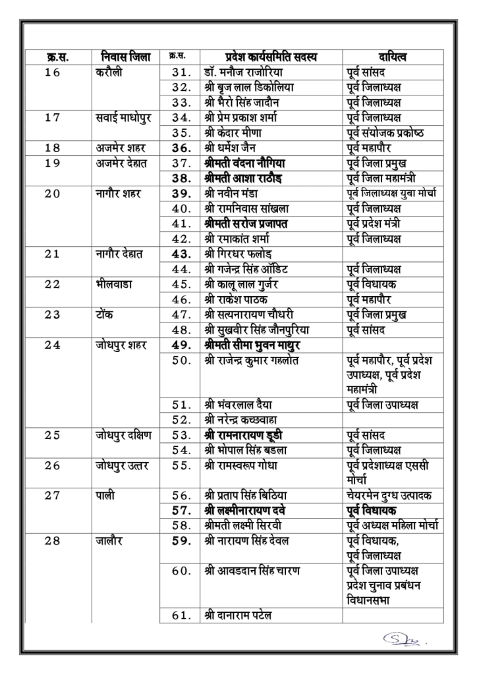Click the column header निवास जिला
[x=125, y=57]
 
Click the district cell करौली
[x=107, y=72]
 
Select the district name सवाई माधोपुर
[x=123, y=118]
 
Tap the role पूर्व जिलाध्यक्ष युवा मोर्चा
[x=394, y=194]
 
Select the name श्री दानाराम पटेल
[x=238, y=616]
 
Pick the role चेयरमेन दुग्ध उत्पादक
[x=392, y=495]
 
